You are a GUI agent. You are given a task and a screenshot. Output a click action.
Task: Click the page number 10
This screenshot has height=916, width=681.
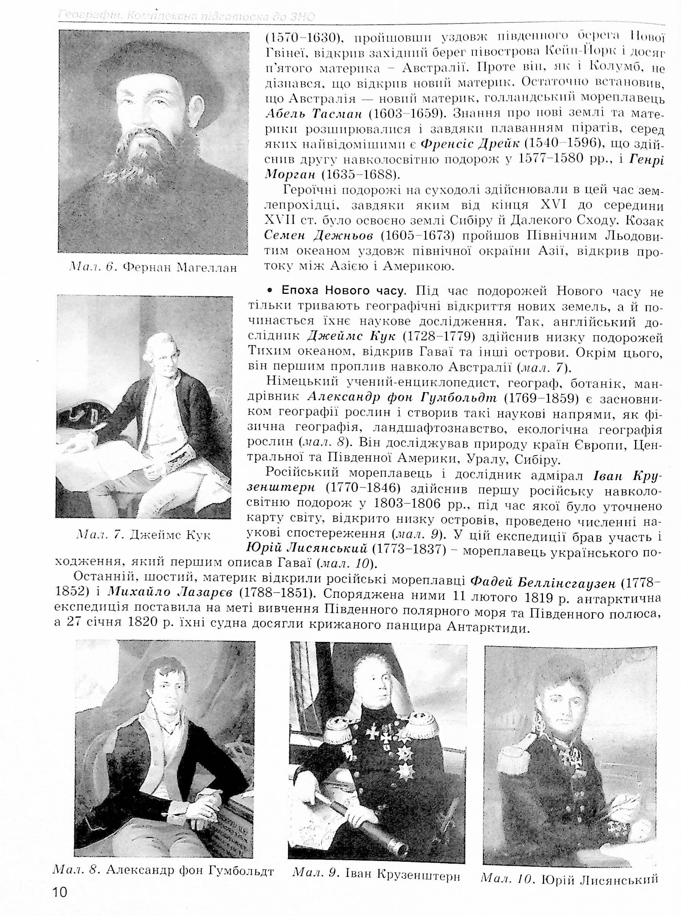pyautogui.click(x=60, y=892)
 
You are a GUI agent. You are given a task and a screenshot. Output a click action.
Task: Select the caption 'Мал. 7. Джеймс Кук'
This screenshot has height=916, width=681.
pyautogui.click(x=143, y=535)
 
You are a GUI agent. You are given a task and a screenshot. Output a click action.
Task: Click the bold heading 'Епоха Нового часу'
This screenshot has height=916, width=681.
pyautogui.click(x=342, y=291)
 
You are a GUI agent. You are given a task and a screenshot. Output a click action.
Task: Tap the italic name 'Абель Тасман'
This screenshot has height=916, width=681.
pyautogui.click(x=313, y=114)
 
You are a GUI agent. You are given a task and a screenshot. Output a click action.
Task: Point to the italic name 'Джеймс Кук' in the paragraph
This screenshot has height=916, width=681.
pyautogui.click(x=351, y=336)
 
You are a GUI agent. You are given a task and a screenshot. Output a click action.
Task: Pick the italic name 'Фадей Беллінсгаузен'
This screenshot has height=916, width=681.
pyautogui.click(x=543, y=583)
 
